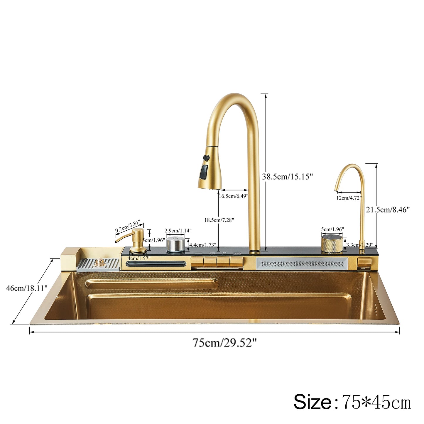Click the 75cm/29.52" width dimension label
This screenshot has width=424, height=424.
(x=224, y=343)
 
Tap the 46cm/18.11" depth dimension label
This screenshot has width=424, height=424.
(x=27, y=288)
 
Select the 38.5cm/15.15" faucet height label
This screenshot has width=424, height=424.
(x=287, y=177)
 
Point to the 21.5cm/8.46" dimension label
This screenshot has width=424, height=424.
(x=387, y=210)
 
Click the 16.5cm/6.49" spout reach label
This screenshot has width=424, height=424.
(x=233, y=196)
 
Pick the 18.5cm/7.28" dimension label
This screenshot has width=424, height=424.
(x=219, y=220)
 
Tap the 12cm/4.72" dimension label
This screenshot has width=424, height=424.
(x=349, y=198)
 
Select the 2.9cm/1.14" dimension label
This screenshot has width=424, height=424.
(x=178, y=231)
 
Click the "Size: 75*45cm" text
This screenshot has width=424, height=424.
(x=352, y=402)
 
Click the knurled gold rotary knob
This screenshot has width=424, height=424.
(x=332, y=243)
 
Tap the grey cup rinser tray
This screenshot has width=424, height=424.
(x=98, y=264)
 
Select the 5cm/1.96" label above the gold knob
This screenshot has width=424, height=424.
(x=332, y=229)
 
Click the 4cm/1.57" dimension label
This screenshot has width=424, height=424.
(x=139, y=258)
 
